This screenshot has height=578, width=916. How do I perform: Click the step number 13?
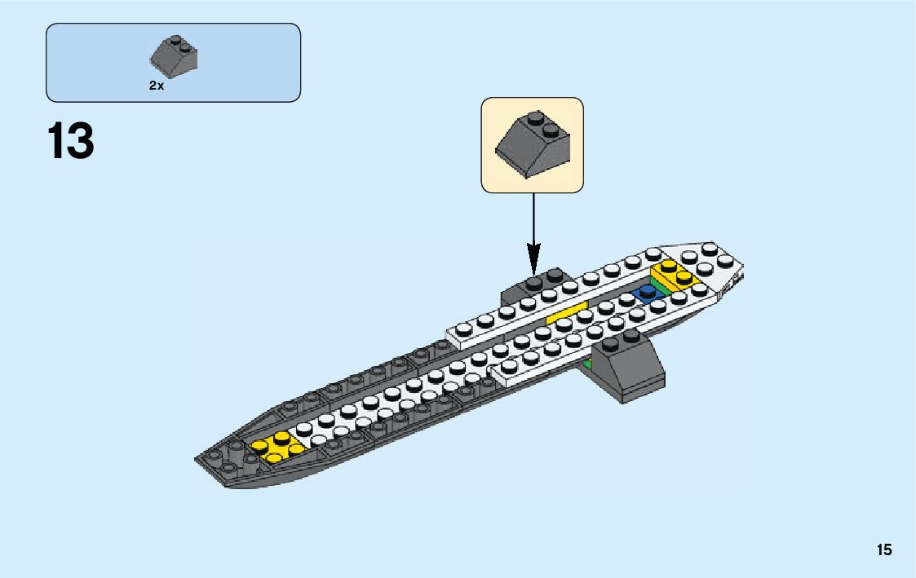click(x=71, y=142)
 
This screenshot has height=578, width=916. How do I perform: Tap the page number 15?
click(x=884, y=550)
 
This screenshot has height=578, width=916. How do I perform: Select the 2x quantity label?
click(x=156, y=86)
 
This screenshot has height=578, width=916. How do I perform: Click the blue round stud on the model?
click(x=649, y=292)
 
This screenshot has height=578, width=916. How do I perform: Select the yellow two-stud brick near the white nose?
click(x=675, y=276)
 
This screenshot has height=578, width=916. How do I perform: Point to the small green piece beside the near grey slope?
click(x=587, y=362)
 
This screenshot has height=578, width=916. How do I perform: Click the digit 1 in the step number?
click(x=57, y=142)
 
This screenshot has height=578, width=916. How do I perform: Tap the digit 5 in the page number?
click(x=888, y=550)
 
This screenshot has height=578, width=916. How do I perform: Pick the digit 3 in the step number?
click(x=82, y=142)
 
